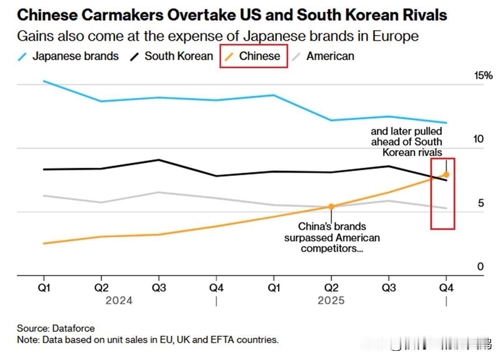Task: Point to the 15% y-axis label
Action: click(483, 76)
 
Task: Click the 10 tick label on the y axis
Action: click(478, 139)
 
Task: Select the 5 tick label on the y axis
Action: click(481, 203)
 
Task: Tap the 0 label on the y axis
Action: click(481, 267)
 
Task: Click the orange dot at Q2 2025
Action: click(331, 206)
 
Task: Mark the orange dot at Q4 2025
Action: click(446, 175)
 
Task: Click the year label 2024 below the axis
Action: click(119, 301)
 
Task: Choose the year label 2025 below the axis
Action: click(331, 301)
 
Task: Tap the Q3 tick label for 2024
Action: click(158, 288)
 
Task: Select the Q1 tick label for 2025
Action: click(273, 288)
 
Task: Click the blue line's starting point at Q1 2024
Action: click(44, 81)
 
